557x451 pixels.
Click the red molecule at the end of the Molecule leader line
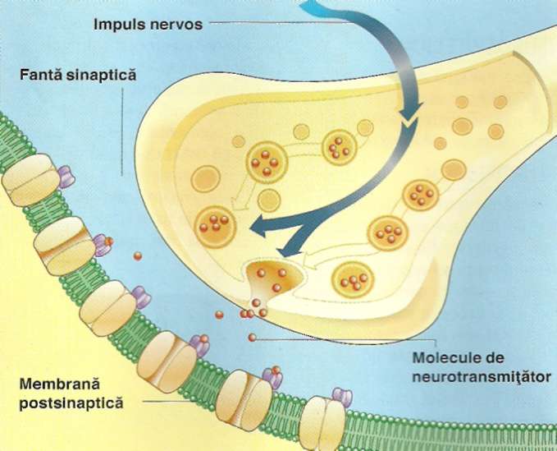coord(252,337)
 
